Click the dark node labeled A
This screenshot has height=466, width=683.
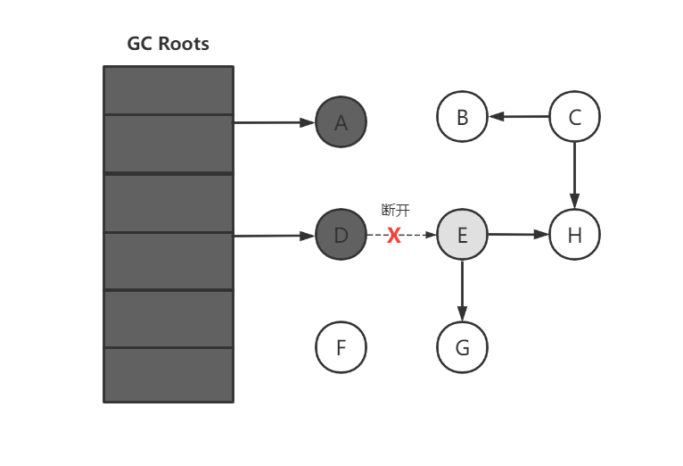(x=341, y=122)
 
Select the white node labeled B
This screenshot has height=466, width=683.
(x=462, y=116)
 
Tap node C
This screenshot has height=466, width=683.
(x=574, y=116)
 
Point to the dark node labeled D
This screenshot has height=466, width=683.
(x=341, y=235)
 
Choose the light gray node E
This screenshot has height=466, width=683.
(x=462, y=235)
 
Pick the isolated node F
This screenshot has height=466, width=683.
(x=341, y=346)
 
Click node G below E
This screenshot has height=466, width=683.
(x=462, y=346)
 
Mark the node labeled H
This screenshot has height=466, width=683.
(x=574, y=235)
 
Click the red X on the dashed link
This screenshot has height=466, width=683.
(x=394, y=236)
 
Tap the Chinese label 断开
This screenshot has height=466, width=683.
(x=395, y=211)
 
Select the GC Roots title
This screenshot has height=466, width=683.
(x=168, y=44)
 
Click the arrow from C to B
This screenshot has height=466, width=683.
(x=518, y=116)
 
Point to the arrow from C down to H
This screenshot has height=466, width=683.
(x=574, y=175)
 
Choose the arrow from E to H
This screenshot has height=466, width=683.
(x=518, y=235)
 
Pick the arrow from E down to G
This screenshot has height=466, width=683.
(x=462, y=290)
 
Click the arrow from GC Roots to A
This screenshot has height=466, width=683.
(x=274, y=122)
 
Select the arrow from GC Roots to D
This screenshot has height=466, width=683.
(x=274, y=236)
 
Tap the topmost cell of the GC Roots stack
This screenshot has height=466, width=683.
(x=168, y=90)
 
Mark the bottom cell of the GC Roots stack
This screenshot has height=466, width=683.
(x=168, y=375)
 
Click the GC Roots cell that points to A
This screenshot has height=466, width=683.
(x=168, y=143)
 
